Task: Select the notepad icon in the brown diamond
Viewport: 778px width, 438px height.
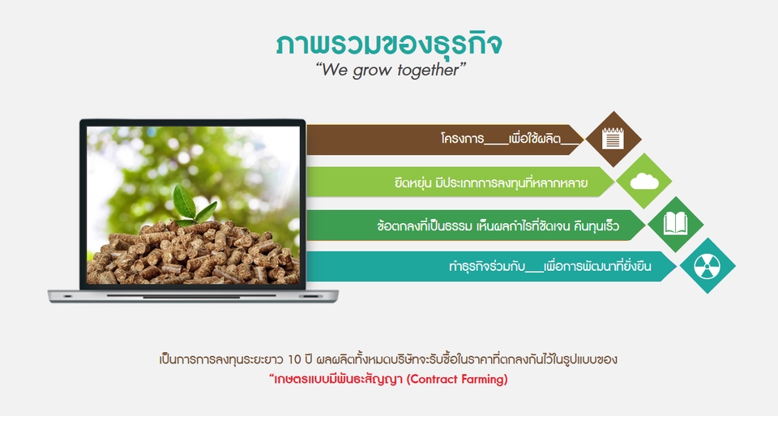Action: click(613, 139)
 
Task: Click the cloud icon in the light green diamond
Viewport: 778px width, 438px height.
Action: click(644, 181)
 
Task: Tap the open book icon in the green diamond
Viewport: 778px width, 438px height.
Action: click(675, 224)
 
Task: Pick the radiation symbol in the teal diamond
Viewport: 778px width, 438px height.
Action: click(707, 265)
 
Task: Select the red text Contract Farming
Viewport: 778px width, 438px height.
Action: click(457, 379)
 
